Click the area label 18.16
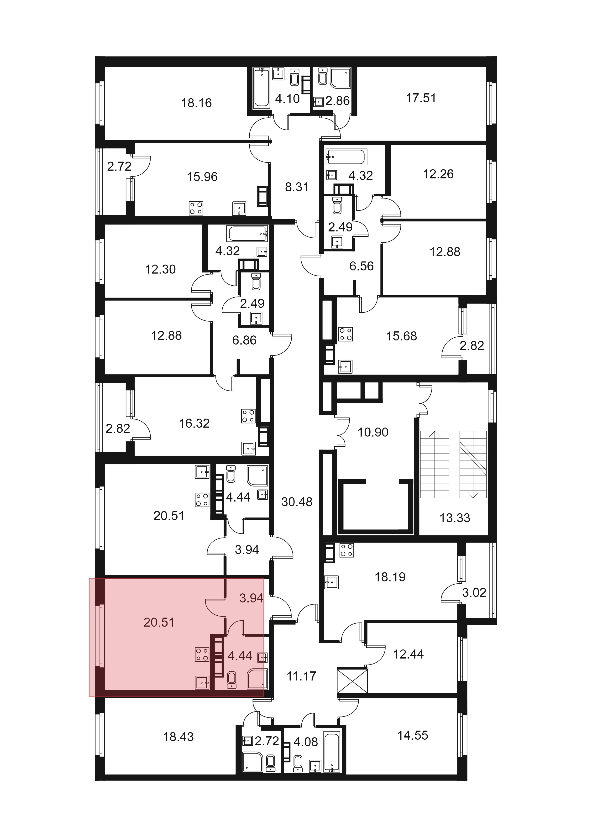pos(196,103)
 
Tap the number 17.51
pos(421,98)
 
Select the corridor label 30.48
pos(297,502)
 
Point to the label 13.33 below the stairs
pos(455,518)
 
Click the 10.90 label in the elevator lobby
pos(373,432)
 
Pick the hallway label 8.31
pos(297,187)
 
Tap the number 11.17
pos(301,676)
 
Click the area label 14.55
pos(413,735)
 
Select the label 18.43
pos(178,737)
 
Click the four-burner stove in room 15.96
pos(196,208)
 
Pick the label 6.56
pos(361,266)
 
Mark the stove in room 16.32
pos(248,416)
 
